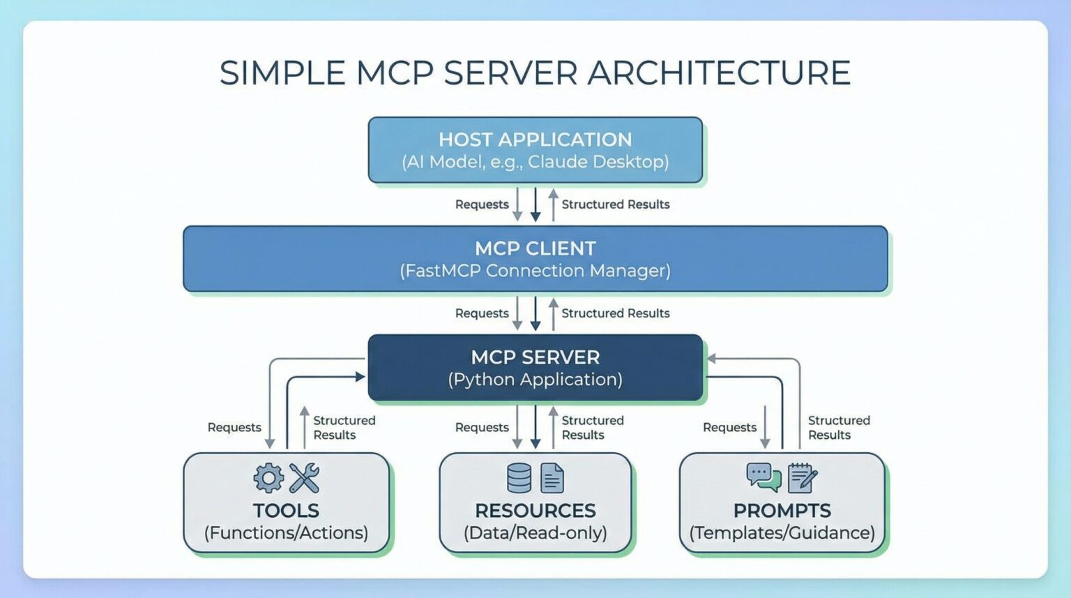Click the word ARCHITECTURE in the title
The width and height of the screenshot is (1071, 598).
pos(719,73)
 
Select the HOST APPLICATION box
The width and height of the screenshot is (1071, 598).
pos(535,150)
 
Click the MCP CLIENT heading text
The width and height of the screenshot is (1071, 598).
pos(535,248)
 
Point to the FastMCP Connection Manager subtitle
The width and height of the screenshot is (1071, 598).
pos(535,271)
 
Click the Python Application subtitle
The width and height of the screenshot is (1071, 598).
pos(535,380)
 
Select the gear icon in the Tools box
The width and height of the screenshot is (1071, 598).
pos(268,478)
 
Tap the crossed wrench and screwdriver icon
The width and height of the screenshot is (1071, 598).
pos(304,478)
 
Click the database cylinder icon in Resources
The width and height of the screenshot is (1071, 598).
pos(519,478)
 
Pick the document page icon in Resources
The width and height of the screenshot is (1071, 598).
pos(552,479)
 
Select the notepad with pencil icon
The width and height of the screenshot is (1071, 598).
pos(802,478)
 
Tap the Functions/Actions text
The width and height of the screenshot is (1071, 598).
pos(286,533)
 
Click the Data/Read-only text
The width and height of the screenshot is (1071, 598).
pos(535,533)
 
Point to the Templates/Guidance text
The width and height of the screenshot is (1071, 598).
pos(782,533)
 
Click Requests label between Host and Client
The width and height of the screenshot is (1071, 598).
pos(482,204)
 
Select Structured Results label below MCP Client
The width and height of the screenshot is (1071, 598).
pos(615,313)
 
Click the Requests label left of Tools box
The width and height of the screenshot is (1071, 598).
pos(234,427)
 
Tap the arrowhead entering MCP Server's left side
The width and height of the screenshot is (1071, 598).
pos(360,377)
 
